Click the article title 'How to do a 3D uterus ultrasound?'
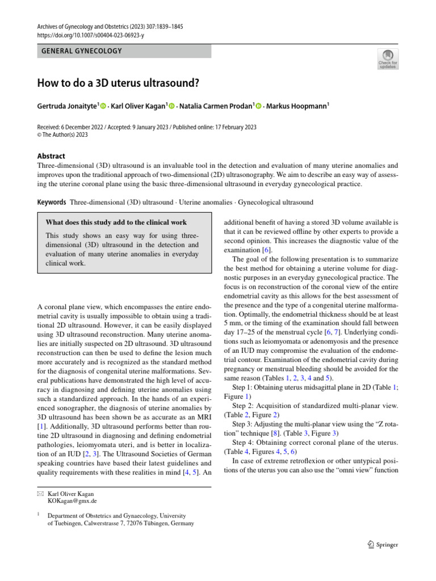point(118,83)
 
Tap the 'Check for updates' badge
point(388,58)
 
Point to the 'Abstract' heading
point(51,156)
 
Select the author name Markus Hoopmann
point(299,106)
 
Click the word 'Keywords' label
point(52,203)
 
